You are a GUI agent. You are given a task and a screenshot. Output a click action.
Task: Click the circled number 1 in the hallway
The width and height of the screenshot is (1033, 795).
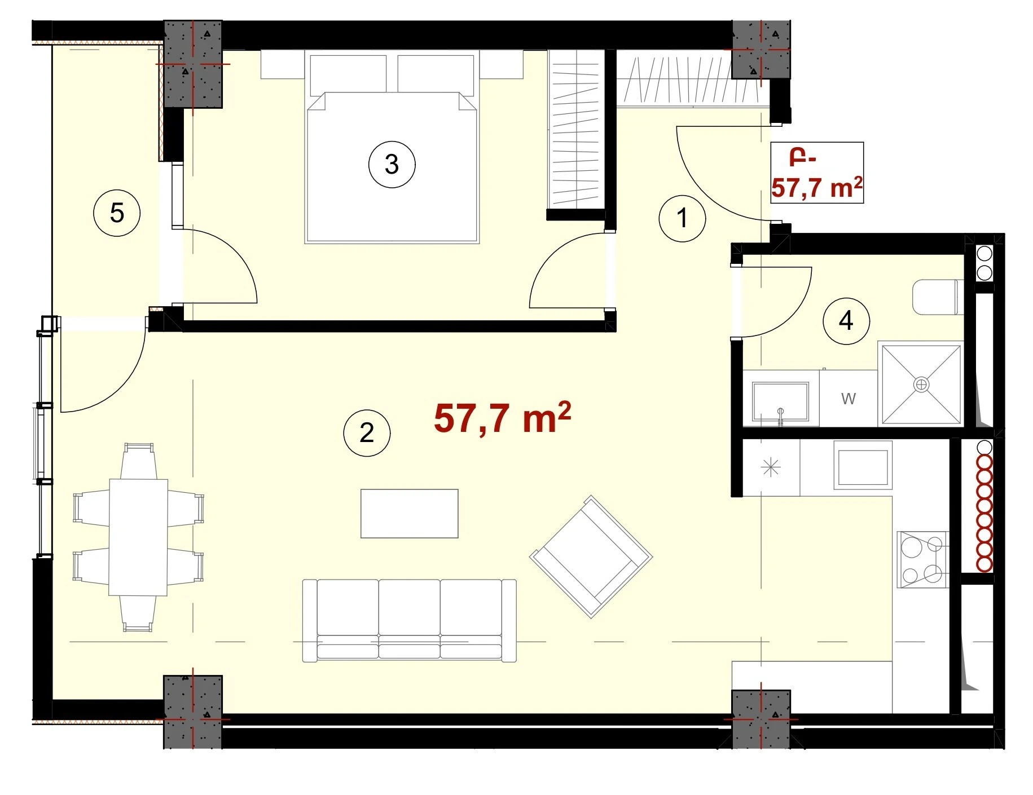click(x=682, y=218)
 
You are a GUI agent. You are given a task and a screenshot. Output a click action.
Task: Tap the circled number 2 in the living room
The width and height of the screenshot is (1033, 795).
click(x=367, y=433)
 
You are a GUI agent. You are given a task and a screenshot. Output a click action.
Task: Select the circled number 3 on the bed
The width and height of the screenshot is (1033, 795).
click(x=392, y=165)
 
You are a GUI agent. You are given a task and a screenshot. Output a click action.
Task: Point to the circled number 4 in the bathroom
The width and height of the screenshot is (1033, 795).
click(x=846, y=321)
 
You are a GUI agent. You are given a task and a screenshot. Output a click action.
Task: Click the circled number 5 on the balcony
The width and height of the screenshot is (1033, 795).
click(x=117, y=213)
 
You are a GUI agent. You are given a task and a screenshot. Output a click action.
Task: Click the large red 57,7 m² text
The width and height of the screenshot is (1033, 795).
click(x=502, y=418)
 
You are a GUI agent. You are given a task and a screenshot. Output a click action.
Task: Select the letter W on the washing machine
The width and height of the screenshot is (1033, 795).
click(x=848, y=399)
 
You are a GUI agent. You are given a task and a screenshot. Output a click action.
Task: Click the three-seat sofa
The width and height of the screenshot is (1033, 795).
click(x=409, y=620)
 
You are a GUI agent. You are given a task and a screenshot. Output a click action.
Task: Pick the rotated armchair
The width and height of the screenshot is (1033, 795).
click(x=591, y=556)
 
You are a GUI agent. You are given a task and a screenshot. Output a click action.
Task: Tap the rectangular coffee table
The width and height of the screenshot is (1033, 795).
click(x=409, y=513)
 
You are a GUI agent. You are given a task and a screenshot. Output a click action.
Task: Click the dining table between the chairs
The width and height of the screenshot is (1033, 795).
click(x=138, y=537)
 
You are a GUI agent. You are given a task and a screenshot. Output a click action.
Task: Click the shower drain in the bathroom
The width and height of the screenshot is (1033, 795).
click(x=921, y=385)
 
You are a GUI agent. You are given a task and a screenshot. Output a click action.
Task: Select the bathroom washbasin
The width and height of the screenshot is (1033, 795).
click(x=780, y=402)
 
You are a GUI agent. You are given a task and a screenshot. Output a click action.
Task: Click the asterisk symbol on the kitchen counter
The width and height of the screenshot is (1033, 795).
click(x=770, y=467)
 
